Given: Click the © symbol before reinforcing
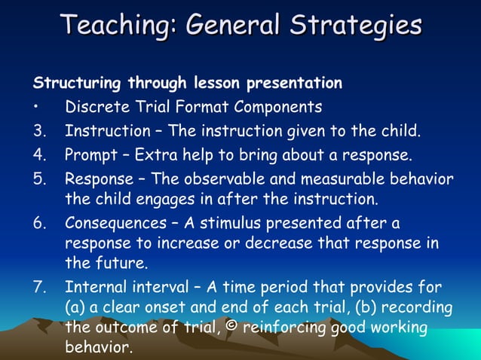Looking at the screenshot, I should (x=233, y=328).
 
